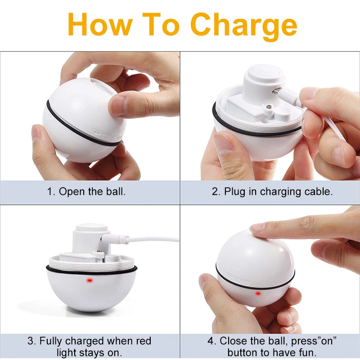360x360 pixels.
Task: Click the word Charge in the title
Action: [243, 26]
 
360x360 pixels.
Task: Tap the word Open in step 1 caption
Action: [72, 192]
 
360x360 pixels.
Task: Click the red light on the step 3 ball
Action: [89, 280]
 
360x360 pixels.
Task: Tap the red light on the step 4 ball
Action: [258, 293]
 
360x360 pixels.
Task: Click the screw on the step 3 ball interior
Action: [99, 252]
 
